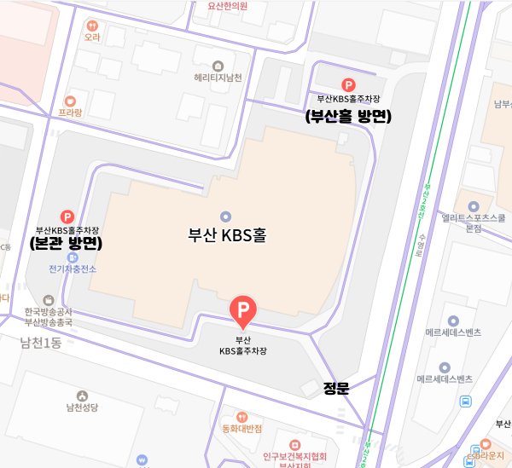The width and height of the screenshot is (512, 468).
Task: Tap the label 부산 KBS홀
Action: (227, 235)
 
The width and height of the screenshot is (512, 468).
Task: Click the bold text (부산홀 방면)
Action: (347, 118)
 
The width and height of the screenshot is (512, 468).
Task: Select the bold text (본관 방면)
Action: (66, 244)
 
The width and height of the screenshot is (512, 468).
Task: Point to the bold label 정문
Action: (337, 389)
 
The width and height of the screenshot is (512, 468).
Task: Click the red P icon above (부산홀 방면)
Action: (347, 84)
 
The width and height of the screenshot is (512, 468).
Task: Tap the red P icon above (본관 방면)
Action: (67, 217)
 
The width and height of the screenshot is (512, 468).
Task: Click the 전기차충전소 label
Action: (73, 269)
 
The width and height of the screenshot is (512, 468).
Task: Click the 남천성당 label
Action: (82, 408)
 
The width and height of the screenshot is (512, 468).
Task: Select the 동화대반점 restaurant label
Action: (241, 428)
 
